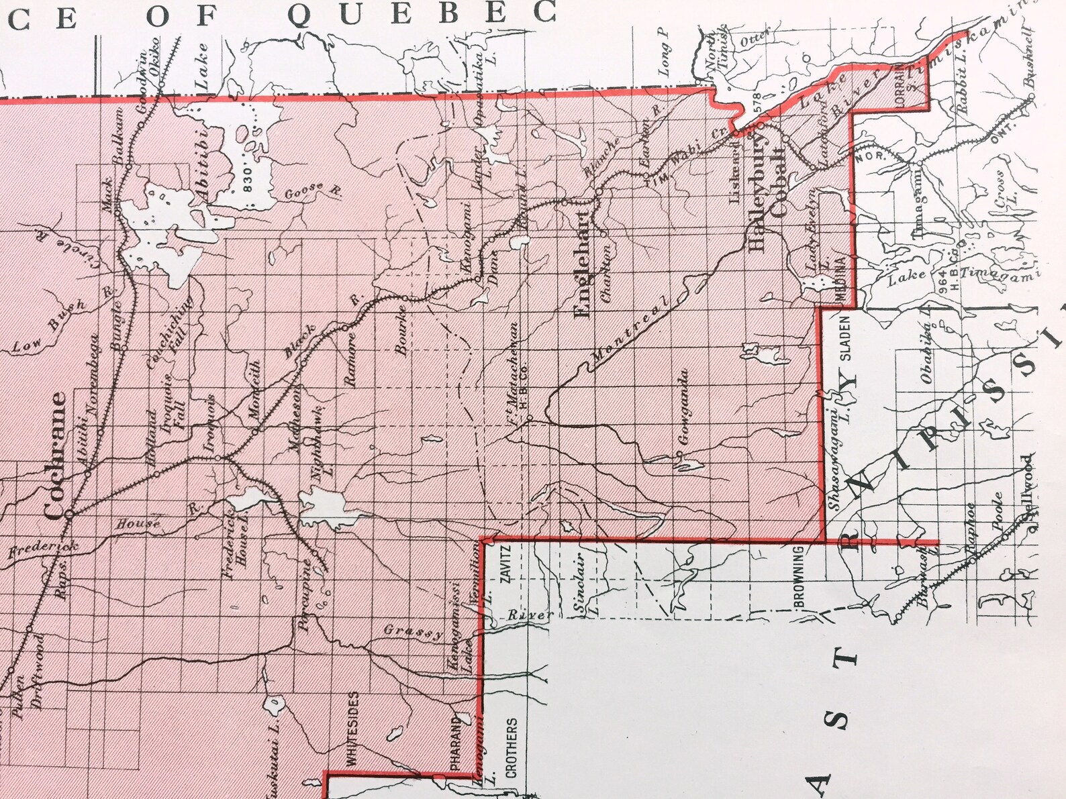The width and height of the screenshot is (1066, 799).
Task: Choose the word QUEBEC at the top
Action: (x=423, y=13)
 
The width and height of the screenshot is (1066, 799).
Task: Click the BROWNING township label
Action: (x=798, y=577)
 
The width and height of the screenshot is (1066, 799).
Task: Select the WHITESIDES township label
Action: (x=353, y=729)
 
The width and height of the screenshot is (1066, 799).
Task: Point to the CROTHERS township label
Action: (x=512, y=747)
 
